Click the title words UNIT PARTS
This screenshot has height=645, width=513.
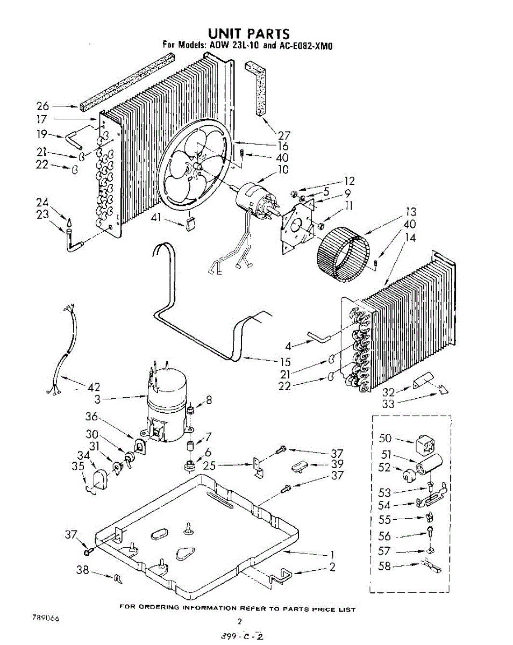click(x=248, y=35)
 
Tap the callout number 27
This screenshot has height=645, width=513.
click(x=283, y=135)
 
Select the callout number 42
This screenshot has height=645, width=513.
click(x=93, y=387)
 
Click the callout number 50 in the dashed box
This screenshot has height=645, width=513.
click(x=386, y=439)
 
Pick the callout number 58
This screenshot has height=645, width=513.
click(x=385, y=566)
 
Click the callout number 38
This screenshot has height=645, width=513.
click(x=82, y=570)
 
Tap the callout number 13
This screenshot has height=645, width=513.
click(x=411, y=212)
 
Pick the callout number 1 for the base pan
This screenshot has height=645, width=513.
click(x=332, y=554)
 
